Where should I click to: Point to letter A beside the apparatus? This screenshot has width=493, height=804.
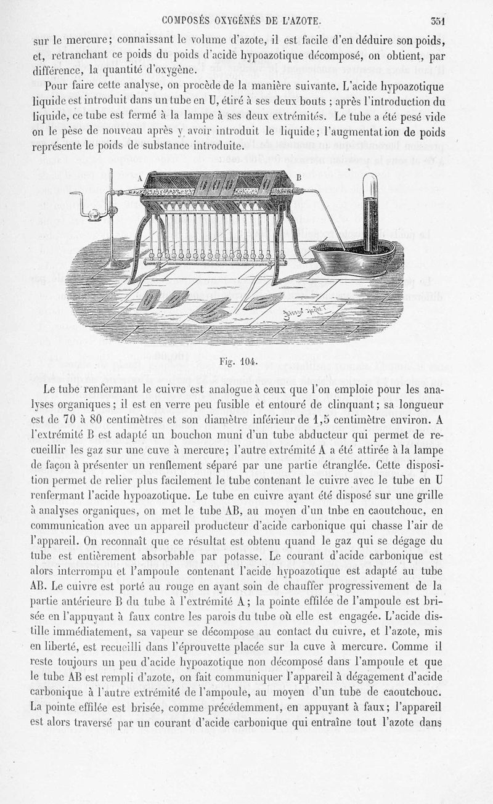[140, 179]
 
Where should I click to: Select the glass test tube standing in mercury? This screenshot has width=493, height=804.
[370, 209]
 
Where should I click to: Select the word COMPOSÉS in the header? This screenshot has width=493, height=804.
[185, 20]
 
